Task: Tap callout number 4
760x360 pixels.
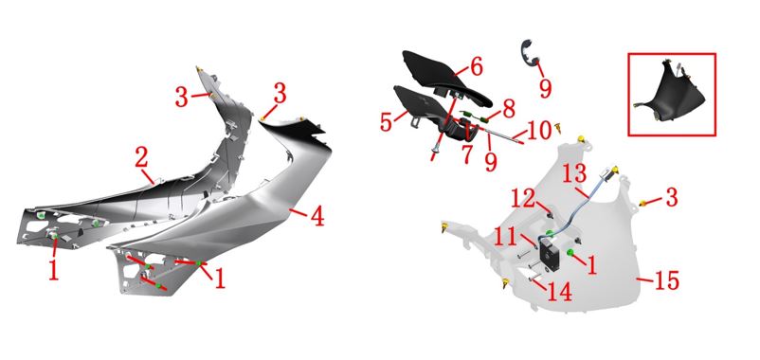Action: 317,217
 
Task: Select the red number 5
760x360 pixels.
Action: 386,122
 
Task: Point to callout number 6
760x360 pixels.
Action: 477,67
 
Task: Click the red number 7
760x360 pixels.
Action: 467,153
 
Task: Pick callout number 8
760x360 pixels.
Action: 509,110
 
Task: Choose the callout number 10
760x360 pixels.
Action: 539,131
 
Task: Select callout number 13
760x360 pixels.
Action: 575,173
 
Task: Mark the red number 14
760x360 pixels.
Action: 560,292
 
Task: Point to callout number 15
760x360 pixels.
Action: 666,280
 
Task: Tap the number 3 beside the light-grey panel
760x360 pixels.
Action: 671,198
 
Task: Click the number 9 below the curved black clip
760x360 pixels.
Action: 546,88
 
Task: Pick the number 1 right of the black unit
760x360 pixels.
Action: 591,265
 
